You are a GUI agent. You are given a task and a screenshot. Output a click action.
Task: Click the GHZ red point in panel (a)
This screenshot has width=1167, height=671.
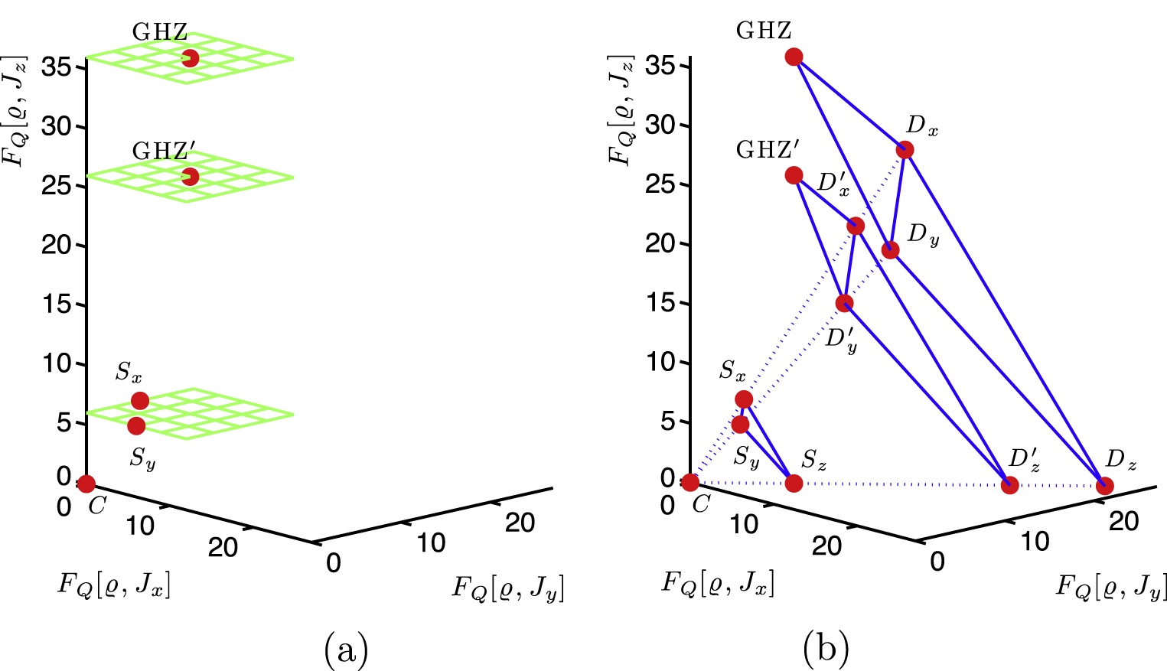click(x=190, y=58)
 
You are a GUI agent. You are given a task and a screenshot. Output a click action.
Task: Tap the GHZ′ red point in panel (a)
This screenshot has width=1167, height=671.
click(x=190, y=178)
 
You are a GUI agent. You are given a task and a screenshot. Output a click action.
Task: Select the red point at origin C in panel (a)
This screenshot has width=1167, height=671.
click(x=86, y=484)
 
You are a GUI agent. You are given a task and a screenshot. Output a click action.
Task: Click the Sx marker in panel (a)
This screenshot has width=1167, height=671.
click(x=140, y=401)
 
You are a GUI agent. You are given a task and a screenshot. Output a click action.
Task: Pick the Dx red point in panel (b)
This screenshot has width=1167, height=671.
click(x=905, y=150)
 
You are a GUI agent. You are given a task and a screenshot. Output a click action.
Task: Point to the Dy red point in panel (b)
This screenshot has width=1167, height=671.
click(x=890, y=250)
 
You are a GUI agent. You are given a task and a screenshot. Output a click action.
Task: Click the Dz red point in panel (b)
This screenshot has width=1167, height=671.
click(x=1104, y=486)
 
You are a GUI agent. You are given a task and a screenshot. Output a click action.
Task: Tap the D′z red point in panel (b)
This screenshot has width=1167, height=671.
click(x=1010, y=485)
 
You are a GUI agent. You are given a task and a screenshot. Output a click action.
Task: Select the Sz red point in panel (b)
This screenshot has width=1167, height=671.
click(x=794, y=484)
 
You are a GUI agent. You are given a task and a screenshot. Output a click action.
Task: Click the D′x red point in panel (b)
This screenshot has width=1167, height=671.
click(x=856, y=226)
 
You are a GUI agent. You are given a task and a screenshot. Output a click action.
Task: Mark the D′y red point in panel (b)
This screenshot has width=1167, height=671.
click(x=844, y=304)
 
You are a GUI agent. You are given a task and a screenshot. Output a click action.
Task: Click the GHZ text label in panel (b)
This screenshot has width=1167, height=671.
click(x=764, y=31)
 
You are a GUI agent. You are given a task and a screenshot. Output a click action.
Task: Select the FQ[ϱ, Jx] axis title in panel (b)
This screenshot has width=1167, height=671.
click(x=718, y=583)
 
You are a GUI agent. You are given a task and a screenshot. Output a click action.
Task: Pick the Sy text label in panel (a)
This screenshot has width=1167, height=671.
click(x=142, y=458)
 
